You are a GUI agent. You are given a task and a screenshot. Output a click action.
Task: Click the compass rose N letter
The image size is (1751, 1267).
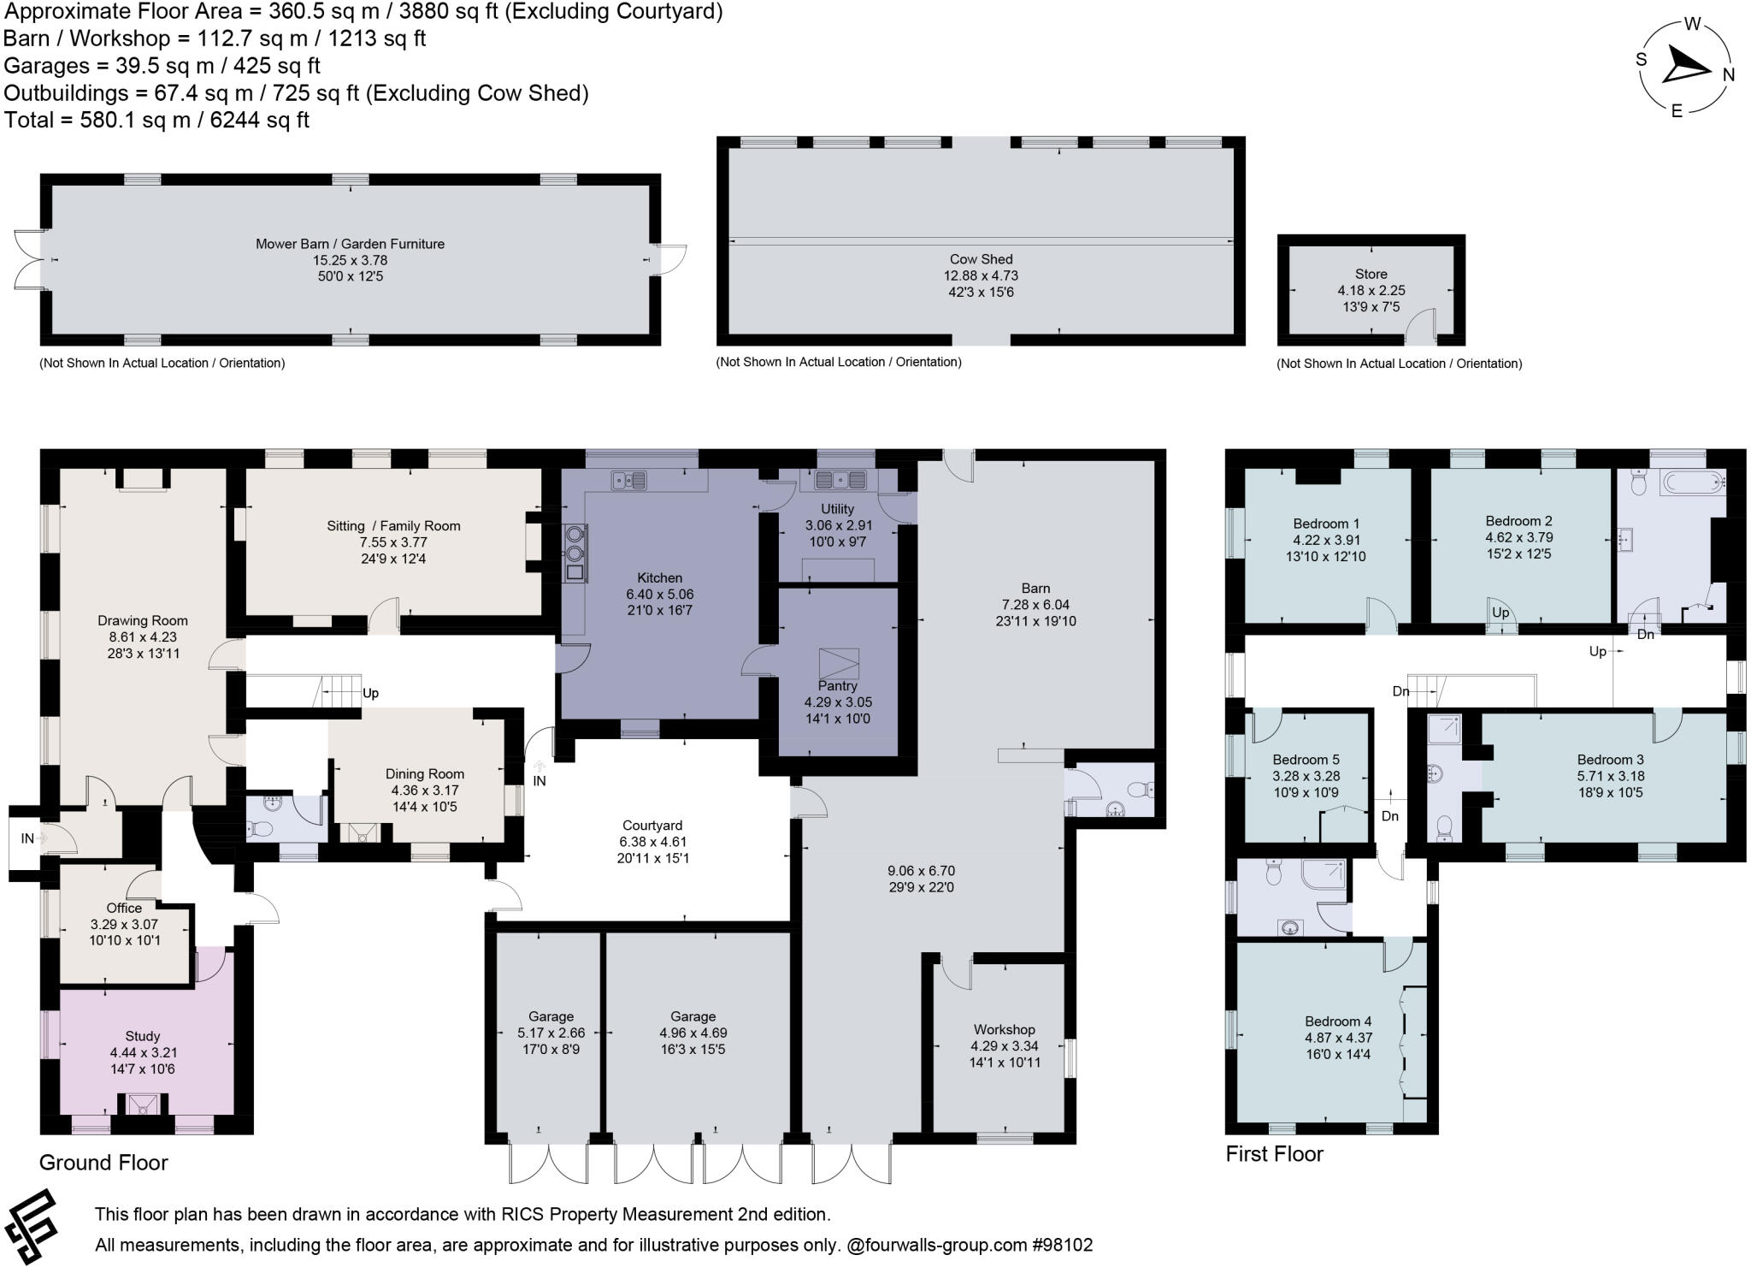(1728, 75)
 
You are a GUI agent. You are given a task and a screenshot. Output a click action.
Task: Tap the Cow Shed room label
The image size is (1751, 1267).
(981, 259)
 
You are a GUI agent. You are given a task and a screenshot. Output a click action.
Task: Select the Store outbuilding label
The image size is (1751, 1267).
(1371, 275)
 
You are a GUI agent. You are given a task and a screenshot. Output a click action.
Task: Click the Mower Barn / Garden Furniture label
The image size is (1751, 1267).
(350, 244)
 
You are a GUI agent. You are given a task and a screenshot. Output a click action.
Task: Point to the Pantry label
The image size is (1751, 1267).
(837, 685)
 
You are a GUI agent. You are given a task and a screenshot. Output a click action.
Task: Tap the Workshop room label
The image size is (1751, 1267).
(1004, 1029)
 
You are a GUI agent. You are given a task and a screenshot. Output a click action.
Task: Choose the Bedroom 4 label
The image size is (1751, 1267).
(1338, 1021)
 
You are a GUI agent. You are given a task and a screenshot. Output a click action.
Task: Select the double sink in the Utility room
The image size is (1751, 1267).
(840, 479)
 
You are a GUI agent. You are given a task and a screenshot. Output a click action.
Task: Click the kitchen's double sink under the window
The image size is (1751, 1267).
(629, 481)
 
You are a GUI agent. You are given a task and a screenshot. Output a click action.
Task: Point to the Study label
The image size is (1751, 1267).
(142, 1036)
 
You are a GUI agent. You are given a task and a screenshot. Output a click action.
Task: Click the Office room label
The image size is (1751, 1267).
(124, 908)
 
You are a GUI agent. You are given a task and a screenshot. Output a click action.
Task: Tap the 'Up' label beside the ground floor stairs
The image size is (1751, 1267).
(370, 693)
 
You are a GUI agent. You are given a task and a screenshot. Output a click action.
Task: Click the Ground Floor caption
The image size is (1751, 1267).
(103, 1162)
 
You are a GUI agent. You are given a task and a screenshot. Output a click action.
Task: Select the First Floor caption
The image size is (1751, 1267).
(1274, 1153)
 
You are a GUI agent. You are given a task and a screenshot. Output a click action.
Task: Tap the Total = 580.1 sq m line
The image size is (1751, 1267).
(156, 120)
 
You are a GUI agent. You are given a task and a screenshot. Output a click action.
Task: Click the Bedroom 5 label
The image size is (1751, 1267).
(1306, 759)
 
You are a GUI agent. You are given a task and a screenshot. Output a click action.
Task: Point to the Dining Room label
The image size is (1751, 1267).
(424, 773)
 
